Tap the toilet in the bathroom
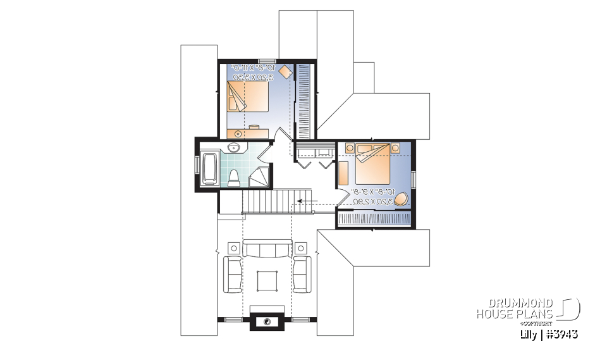tap(233, 178)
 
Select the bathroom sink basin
tap(233, 149)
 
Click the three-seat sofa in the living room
tap(266, 249)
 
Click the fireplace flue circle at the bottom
tap(267, 321)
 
